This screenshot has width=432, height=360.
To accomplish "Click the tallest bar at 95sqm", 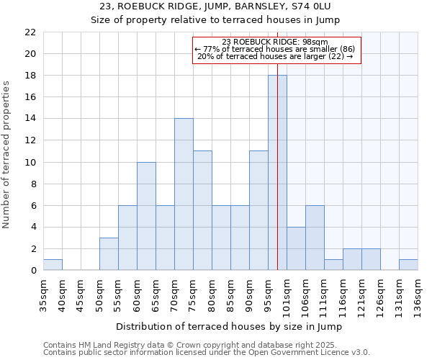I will coord(277,173).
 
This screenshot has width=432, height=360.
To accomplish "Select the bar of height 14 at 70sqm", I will coord(184,194).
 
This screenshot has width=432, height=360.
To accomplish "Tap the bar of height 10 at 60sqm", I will coord(146,216).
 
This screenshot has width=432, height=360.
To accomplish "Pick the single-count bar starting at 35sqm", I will coord(53,265).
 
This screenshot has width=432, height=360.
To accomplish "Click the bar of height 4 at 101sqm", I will coord(296,249).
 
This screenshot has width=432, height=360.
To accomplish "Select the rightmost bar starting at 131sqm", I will coord(408,265).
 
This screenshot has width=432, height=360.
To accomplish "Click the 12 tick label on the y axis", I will coord(30,140).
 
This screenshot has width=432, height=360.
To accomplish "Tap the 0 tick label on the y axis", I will coord(33,271).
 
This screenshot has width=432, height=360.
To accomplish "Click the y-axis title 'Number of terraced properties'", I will coord(7,155).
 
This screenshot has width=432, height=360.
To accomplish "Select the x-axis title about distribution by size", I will coord(229,327).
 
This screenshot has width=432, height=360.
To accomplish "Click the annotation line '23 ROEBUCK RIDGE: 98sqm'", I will coord(275,42).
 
